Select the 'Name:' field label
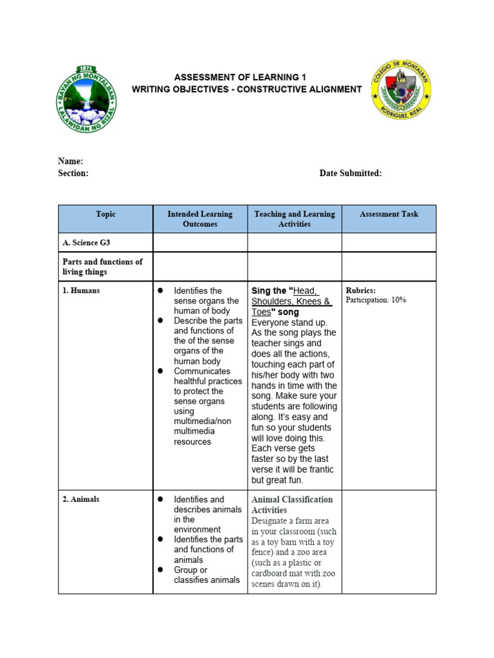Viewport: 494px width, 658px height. (71, 161)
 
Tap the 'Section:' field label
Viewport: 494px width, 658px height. (73, 173)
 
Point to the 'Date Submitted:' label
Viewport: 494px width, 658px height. (351, 173)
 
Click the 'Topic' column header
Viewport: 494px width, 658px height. (105, 214)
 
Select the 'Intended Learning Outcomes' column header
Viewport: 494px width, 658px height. (200, 219)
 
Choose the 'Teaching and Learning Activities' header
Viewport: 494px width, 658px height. (295, 219)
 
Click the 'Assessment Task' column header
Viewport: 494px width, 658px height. (389, 214)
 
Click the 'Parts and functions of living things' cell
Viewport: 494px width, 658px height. (102, 267)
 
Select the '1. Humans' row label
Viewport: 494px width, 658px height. (81, 290)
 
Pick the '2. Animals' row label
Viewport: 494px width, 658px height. (81, 499)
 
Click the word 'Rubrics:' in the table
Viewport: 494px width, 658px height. (361, 290)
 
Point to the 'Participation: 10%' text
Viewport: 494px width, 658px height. (376, 300)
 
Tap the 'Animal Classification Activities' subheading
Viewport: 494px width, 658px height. (292, 504)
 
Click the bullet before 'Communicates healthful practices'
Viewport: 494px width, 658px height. (161, 371)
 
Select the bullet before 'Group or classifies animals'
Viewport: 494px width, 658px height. (161, 570)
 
